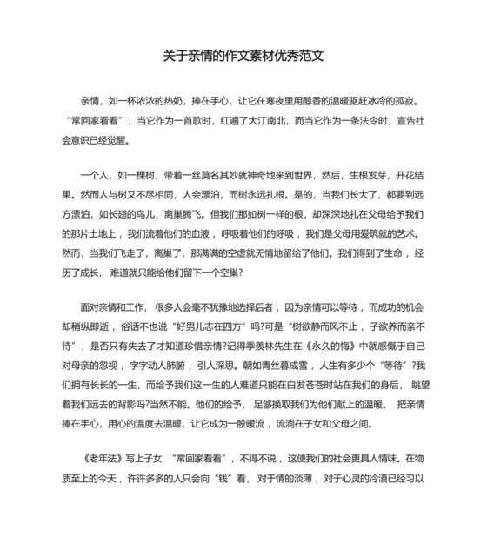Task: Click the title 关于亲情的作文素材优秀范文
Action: point(243,55)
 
